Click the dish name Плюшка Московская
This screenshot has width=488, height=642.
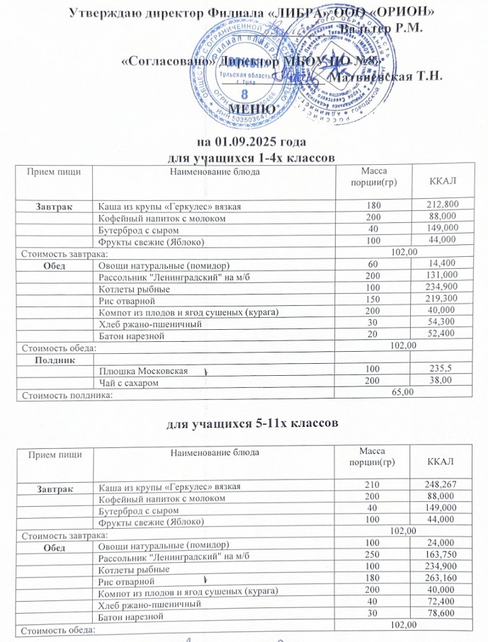(x=143, y=371)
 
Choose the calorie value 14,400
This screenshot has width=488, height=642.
(x=445, y=263)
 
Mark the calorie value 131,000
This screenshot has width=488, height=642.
(x=443, y=275)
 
